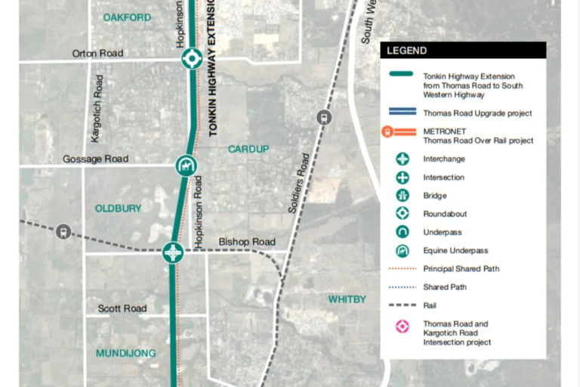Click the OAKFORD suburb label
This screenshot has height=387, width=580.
tap(127, 17)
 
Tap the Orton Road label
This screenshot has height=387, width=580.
tap(97, 54)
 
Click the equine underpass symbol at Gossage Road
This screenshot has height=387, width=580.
tap(184, 166)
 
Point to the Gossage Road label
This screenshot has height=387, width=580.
tap(95, 159)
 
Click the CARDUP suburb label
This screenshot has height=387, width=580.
tap(248, 149)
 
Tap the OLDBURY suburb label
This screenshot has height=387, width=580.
tap(118, 208)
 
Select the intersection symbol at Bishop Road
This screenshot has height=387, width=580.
tap(174, 252)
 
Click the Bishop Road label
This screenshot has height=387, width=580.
tap(247, 242)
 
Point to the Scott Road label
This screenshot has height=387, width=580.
tap(122, 308)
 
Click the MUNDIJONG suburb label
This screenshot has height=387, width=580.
tap(125, 353)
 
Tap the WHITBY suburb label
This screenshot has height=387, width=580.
tap(347, 299)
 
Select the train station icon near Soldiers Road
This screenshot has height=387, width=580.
tap(325, 117)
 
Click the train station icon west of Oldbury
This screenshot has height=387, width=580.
tap(63, 231)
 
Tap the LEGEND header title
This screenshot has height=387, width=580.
tap(407, 51)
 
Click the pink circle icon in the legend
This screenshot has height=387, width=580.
tap(403, 327)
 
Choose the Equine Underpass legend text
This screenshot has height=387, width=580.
tap(455, 250)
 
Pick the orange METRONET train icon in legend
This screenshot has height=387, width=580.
tap(387, 132)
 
